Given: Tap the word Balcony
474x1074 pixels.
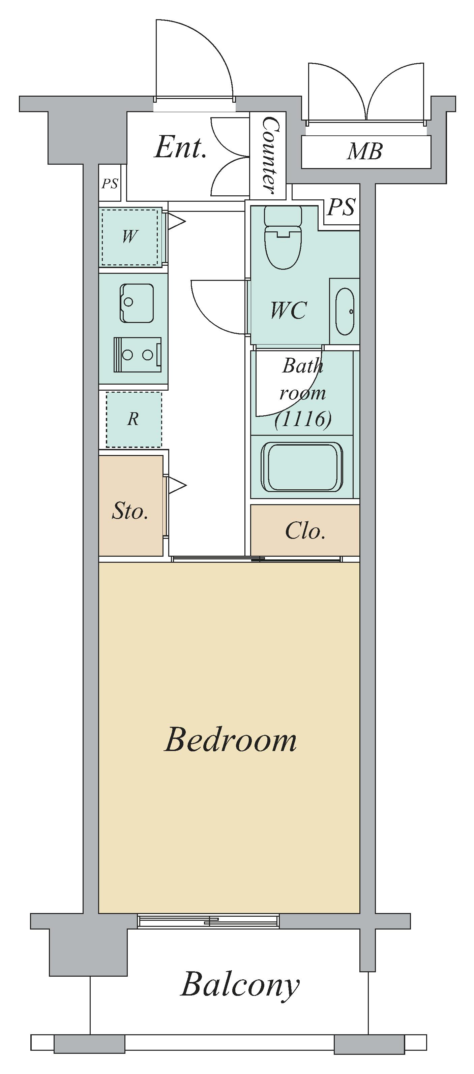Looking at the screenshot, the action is click(240, 985).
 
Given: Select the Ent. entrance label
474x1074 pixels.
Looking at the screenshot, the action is click(181, 147).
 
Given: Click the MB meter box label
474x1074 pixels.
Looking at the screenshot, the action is click(365, 151).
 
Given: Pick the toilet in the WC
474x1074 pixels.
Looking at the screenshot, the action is click(283, 238).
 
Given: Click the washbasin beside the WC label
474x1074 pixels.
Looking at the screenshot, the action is click(345, 312).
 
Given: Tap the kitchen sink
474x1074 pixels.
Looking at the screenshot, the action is click(137, 303).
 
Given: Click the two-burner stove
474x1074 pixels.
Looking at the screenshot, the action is click(137, 355).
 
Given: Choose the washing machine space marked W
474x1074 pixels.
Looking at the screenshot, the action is click(130, 236).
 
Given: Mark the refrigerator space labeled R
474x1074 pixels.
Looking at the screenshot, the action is click(134, 419).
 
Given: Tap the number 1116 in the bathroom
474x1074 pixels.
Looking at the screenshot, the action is click(304, 419).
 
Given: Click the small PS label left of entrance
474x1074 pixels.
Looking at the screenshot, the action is click(110, 184).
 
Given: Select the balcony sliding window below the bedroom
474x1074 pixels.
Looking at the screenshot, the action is click(208, 921).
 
